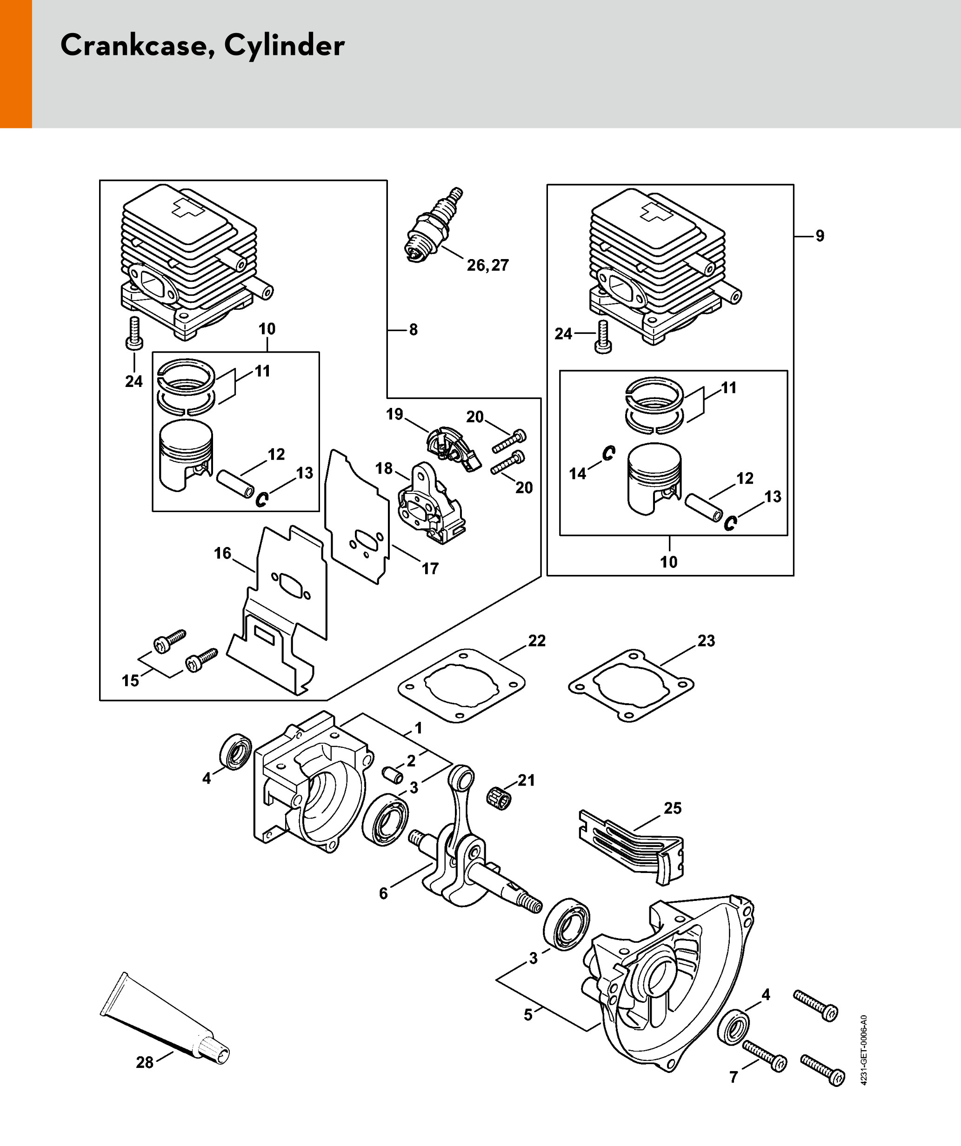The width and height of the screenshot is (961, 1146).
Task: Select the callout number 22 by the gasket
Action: tap(536, 640)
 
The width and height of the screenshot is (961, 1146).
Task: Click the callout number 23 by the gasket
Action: tap(706, 640)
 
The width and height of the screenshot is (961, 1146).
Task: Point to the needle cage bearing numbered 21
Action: tap(498, 800)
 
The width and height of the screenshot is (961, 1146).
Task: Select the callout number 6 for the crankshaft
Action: tap(383, 893)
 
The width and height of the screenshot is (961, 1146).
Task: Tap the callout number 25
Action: tap(672, 808)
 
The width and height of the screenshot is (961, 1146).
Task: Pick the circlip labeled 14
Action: tap(608, 453)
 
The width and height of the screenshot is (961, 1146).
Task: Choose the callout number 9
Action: tap(820, 236)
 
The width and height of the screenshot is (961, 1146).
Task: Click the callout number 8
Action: tap(413, 330)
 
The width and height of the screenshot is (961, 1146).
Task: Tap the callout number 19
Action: tap(394, 414)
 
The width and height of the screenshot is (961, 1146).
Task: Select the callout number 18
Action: tap(384, 468)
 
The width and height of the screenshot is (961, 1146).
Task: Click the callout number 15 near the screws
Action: tap(130, 680)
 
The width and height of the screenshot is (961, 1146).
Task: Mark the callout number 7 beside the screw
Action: tap(734, 1077)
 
